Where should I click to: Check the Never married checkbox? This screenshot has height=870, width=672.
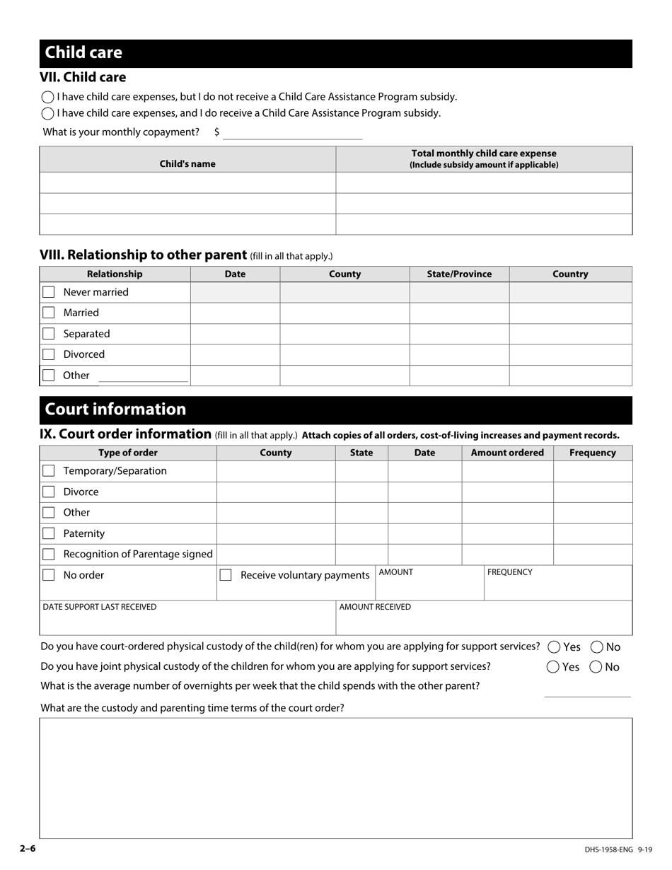[x=48, y=292]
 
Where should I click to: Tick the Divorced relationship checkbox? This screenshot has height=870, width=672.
[x=48, y=354]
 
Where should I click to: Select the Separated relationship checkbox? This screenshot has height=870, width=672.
[x=48, y=334]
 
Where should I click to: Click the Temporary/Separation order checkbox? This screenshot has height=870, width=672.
[x=48, y=471]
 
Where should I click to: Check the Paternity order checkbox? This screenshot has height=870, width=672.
[x=48, y=533]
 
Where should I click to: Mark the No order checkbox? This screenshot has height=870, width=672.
[x=48, y=575]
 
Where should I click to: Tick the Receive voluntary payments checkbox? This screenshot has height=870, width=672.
[x=226, y=575]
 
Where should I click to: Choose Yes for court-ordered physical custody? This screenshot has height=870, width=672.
[x=554, y=646]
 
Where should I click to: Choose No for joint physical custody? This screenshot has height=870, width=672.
[x=596, y=666]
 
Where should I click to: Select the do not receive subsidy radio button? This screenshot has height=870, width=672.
[x=48, y=97]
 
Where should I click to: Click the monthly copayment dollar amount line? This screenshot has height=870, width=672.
[x=292, y=133]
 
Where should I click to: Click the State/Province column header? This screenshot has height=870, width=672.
[x=459, y=274]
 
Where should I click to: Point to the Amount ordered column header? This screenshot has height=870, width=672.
[x=507, y=453]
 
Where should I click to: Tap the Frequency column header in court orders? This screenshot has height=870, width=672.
[x=592, y=453]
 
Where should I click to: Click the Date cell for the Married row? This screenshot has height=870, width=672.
[x=235, y=313]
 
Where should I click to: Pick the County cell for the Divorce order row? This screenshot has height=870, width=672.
[x=276, y=492]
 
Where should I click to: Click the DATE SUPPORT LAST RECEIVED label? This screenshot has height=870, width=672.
[x=100, y=607]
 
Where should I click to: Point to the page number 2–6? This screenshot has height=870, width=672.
[x=28, y=849]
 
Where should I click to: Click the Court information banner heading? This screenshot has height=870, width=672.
[x=115, y=410]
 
